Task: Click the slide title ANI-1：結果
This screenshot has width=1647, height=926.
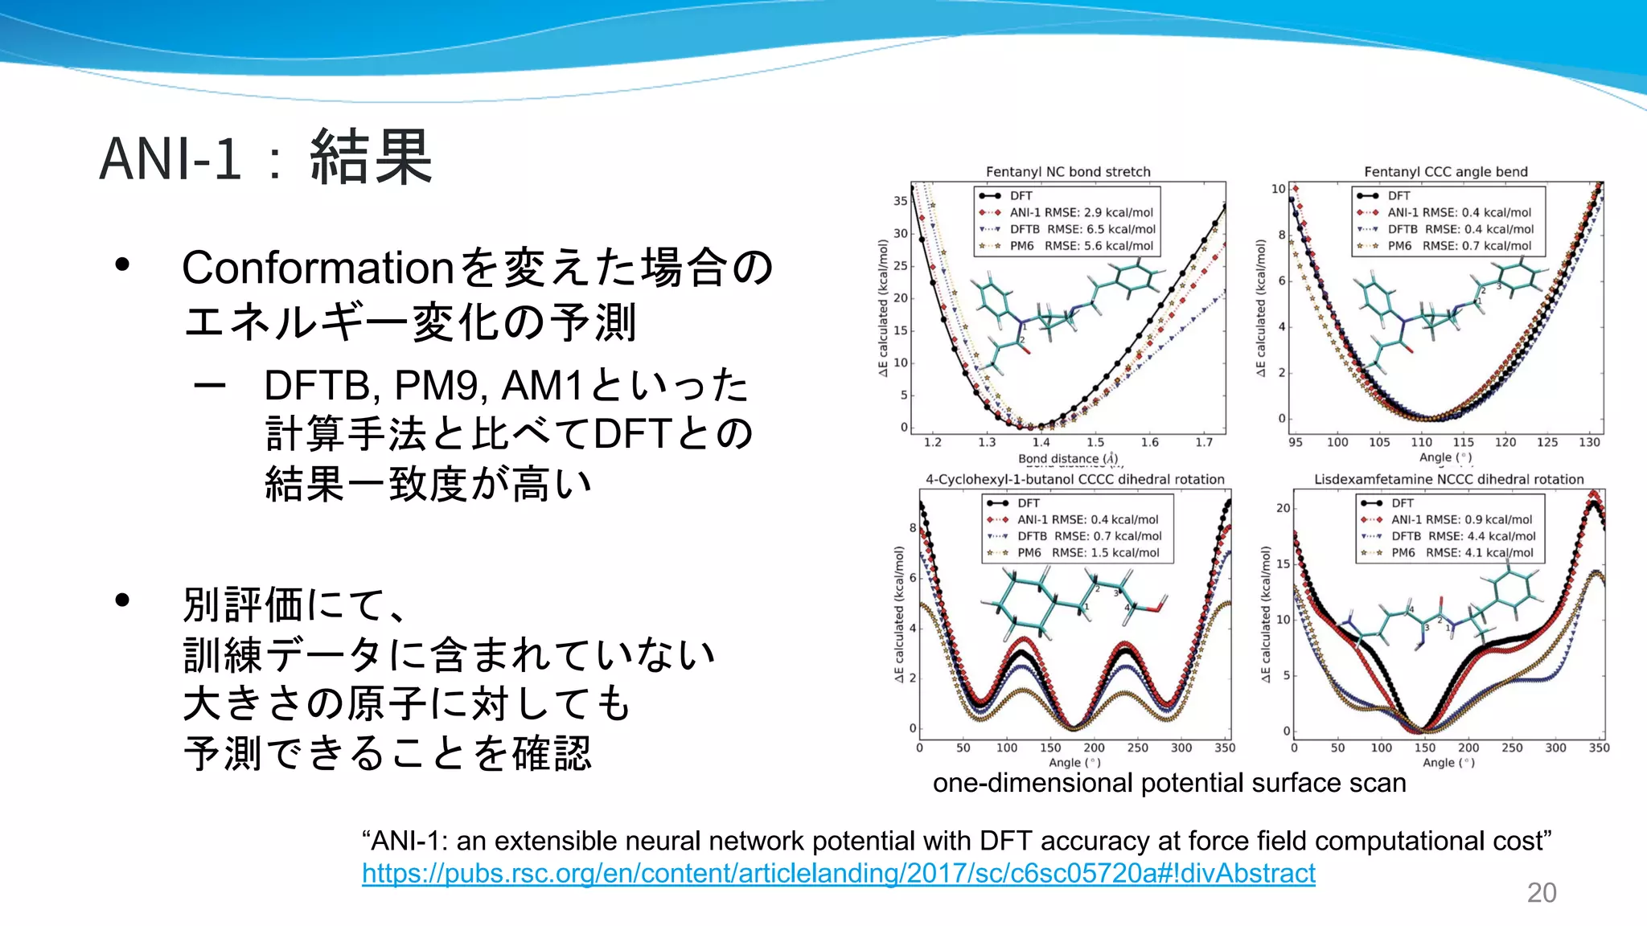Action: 265,158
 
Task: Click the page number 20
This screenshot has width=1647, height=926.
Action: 1541,892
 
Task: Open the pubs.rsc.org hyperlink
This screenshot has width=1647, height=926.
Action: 838,873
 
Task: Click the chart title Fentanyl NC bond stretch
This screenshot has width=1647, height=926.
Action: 1068,171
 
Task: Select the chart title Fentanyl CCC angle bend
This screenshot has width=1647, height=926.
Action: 1445,171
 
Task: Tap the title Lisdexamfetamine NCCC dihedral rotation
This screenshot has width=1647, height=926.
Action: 1448,479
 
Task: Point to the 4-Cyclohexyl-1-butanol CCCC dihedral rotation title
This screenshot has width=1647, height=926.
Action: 1074,479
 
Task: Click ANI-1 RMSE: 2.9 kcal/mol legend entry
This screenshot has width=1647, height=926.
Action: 1081,212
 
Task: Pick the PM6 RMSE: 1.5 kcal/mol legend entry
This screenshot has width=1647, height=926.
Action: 1087,553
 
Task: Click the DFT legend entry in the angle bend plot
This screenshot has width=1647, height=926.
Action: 1399,195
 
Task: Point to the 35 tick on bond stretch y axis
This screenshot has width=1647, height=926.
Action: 900,201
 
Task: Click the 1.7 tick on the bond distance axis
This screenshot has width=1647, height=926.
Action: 1204,442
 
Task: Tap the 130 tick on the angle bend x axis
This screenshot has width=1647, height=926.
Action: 1589,442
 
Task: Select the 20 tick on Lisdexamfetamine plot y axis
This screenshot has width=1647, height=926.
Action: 1283,508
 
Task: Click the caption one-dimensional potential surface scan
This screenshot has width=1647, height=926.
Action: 1169,783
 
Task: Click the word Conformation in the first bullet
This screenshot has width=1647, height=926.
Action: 318,268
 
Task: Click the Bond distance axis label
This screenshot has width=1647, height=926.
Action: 1067,458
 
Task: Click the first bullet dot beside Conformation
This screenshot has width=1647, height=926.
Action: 122,264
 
